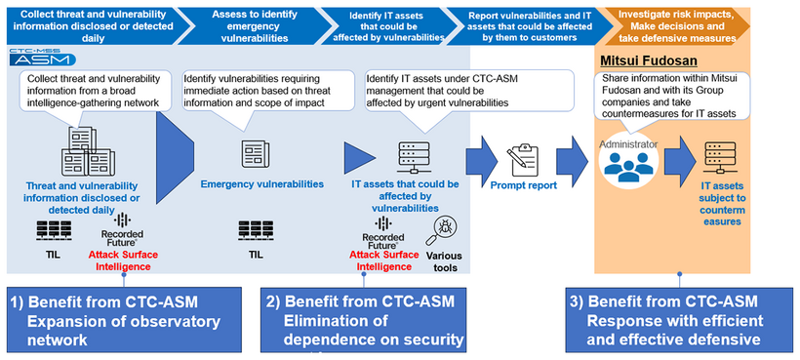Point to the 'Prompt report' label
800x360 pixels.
(x=524, y=184)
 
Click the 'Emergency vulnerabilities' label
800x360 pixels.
(x=260, y=183)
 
